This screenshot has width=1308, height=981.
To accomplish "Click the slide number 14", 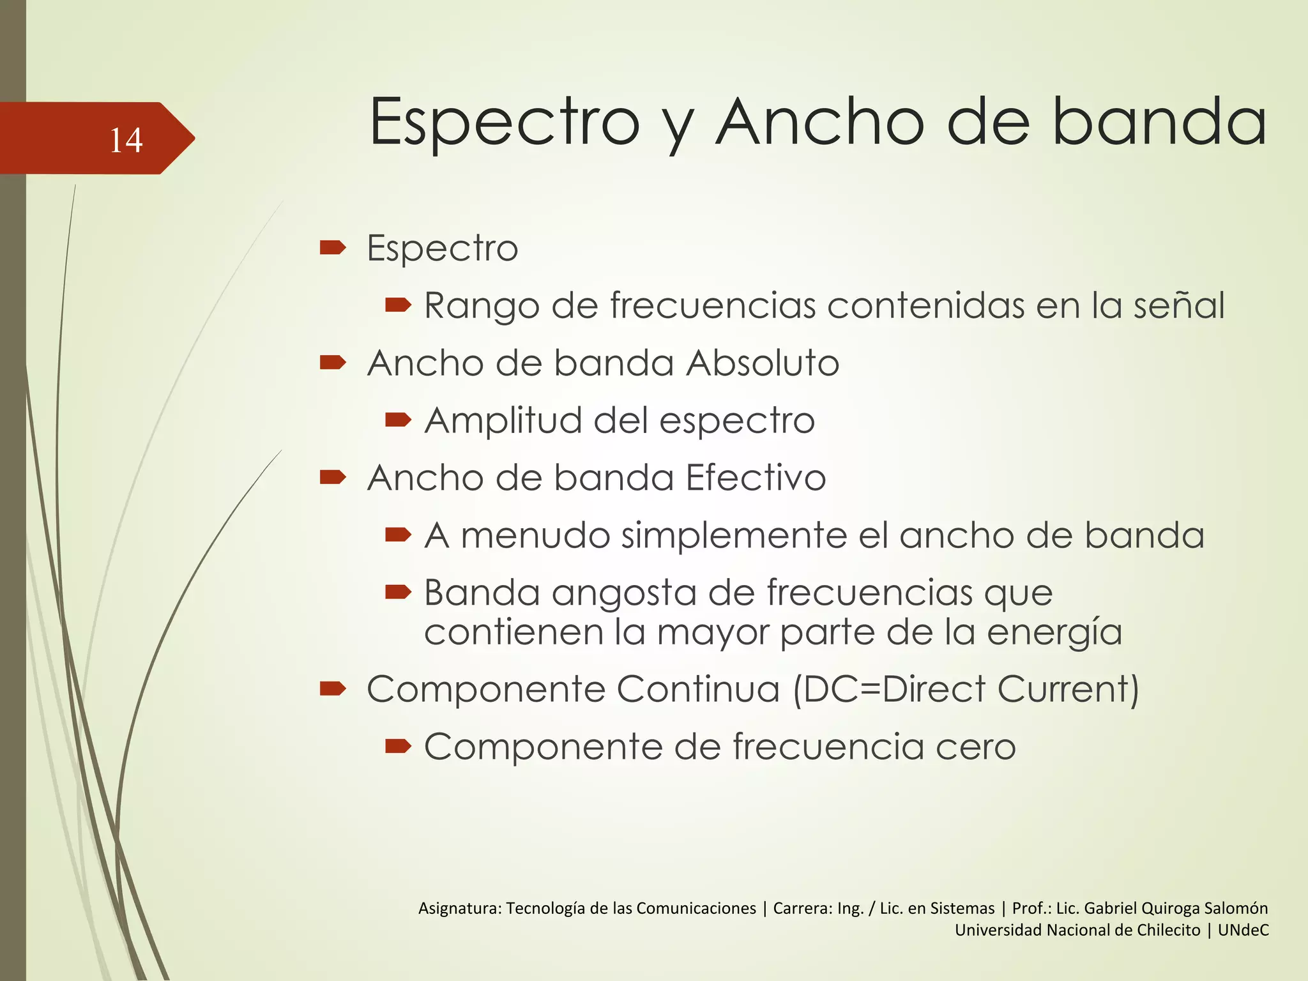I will click(126, 140).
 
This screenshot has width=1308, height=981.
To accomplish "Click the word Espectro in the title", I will click(505, 123).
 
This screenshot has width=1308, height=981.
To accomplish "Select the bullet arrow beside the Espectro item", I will click(333, 247).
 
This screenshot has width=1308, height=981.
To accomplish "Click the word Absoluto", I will click(763, 363).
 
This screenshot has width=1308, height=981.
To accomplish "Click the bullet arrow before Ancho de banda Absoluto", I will click(333, 363).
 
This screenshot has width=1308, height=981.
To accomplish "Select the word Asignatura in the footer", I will click(459, 908).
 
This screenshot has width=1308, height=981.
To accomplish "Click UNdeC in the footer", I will click(1243, 930).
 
